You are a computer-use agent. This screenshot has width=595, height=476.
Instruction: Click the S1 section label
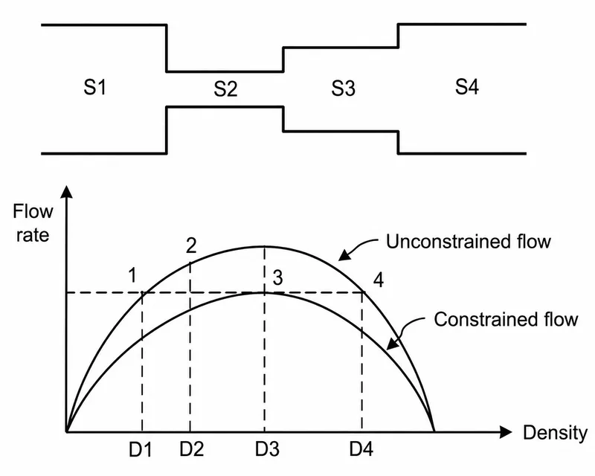click(x=95, y=87)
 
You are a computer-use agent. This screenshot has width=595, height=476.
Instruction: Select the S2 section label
click(x=225, y=89)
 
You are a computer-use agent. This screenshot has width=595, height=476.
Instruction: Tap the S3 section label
click(x=343, y=89)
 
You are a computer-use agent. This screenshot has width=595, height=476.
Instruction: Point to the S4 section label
click(x=467, y=86)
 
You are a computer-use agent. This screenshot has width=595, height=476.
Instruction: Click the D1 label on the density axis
click(x=141, y=450)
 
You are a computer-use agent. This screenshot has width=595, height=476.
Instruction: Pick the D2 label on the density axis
click(x=192, y=449)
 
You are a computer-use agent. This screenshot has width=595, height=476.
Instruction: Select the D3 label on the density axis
click(x=267, y=449)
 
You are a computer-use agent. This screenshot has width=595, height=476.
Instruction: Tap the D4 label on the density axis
click(x=361, y=449)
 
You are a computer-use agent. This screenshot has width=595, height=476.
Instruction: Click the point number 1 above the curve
click(x=132, y=275)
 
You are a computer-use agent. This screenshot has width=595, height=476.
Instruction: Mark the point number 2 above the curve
click(x=191, y=245)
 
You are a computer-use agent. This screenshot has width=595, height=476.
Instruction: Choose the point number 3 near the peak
click(x=277, y=278)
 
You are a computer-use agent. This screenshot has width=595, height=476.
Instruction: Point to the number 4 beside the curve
click(x=379, y=280)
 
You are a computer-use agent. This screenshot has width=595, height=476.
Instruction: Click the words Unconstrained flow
click(x=469, y=242)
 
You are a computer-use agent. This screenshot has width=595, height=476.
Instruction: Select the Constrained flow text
click(x=506, y=319)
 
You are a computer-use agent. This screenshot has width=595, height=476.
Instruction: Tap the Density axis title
click(x=555, y=434)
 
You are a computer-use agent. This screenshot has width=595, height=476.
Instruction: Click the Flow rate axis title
click(x=33, y=223)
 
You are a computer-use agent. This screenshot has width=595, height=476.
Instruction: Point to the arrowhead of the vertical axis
click(x=67, y=192)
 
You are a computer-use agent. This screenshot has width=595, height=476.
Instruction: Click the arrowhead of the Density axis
click(x=506, y=432)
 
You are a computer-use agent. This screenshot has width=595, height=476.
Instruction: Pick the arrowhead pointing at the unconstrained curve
click(x=344, y=254)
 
